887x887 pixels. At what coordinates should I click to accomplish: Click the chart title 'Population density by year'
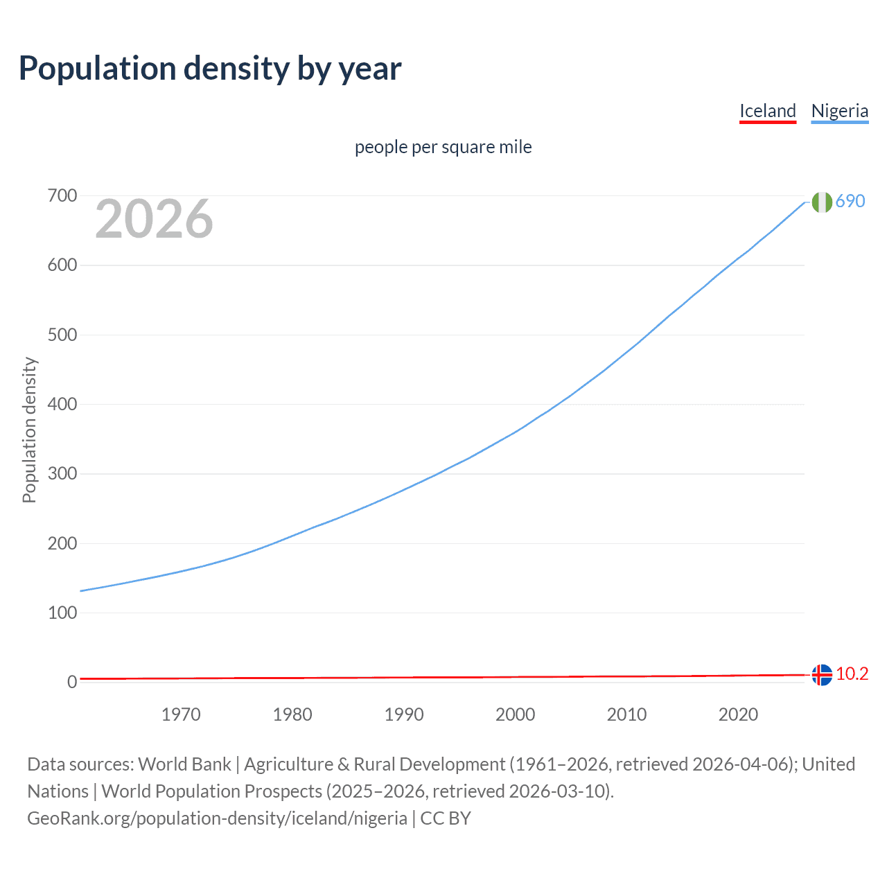(x=210, y=69)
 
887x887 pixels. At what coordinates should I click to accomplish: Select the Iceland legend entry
(x=767, y=111)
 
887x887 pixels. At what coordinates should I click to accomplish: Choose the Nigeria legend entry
(x=839, y=111)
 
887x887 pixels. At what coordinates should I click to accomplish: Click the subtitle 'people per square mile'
(x=443, y=147)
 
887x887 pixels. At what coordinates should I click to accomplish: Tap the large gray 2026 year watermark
(x=154, y=219)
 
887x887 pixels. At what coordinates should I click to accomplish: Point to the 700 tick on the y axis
(x=62, y=196)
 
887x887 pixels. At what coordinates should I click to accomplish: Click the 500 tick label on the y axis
(x=62, y=335)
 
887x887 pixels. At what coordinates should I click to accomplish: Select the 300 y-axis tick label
(x=62, y=474)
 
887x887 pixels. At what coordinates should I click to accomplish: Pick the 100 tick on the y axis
(x=62, y=613)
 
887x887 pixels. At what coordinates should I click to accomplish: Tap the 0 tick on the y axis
(x=72, y=683)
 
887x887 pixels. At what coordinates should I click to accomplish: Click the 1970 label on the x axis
(x=181, y=714)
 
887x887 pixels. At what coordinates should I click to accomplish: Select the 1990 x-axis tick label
(x=404, y=714)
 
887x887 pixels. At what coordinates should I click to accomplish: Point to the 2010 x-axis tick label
(x=626, y=714)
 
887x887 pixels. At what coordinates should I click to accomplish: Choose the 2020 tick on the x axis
(x=738, y=714)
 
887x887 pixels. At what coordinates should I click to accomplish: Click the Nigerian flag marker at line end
(x=822, y=202)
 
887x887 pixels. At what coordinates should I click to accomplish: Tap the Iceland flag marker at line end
(x=822, y=674)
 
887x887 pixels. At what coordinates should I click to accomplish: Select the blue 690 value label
(x=850, y=201)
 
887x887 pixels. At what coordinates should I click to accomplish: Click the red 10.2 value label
(x=852, y=674)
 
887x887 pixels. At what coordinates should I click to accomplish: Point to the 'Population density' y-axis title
(x=29, y=430)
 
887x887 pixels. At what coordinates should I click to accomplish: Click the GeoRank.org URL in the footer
(x=217, y=818)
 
